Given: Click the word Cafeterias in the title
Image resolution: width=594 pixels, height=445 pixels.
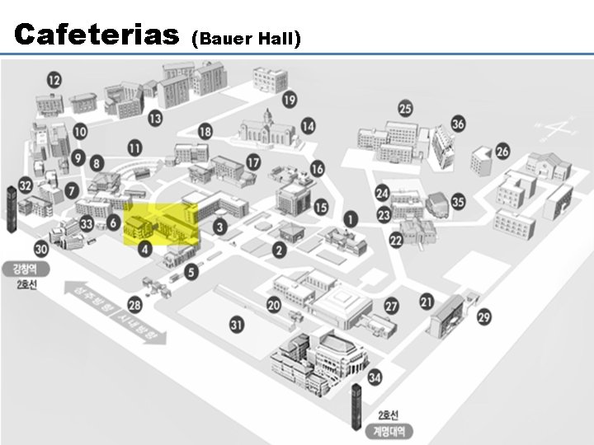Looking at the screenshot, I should click(97, 35).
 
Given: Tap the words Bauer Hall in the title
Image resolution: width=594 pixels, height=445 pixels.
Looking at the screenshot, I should click(246, 38).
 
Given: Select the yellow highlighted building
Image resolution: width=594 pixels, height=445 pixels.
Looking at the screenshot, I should click(161, 225).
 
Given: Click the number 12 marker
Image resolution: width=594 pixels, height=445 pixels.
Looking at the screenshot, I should click(54, 80).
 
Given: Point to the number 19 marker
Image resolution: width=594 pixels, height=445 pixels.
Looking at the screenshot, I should click(289, 100).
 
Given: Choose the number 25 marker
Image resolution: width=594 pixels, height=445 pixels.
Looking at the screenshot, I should click(405, 109).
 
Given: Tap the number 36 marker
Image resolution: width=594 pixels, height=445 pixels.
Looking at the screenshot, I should click(458, 124).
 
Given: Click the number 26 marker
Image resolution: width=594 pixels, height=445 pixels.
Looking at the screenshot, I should click(502, 152).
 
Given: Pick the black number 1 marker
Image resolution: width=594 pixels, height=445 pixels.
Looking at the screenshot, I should click(351, 219).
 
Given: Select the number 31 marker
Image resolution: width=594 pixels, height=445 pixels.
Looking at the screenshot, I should click(238, 325).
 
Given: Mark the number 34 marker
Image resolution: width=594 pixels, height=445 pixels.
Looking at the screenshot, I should click(375, 377).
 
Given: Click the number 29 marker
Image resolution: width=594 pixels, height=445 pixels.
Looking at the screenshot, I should click(483, 316).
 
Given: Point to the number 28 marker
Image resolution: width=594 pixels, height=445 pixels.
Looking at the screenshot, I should click(134, 306).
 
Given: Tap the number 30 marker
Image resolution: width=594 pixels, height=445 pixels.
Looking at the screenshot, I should click(42, 248).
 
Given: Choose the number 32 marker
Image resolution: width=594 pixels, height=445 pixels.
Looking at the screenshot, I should click(26, 186).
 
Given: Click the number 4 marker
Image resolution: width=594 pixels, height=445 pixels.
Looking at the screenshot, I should click(145, 248).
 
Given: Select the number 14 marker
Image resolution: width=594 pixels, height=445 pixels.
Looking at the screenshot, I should click(308, 126).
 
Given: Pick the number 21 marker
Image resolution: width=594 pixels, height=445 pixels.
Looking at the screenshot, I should click(427, 302).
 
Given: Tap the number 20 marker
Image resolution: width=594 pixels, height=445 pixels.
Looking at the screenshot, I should click(274, 305).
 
